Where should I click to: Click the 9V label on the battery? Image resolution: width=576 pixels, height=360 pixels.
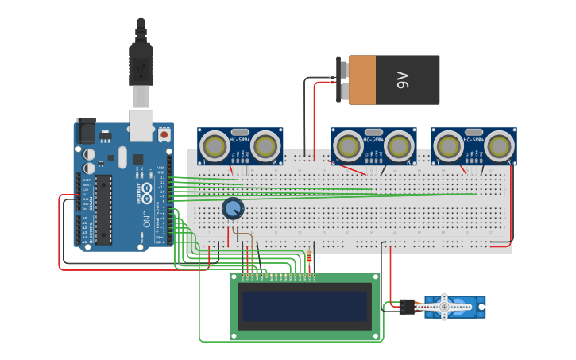click(x=403, y=79)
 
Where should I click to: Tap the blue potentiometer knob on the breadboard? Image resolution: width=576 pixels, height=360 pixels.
click(x=232, y=208)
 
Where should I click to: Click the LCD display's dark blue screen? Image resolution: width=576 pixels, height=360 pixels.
click(x=306, y=306)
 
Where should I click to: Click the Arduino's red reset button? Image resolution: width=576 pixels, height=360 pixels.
click(x=164, y=135)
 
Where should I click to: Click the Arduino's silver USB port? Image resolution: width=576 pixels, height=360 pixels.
click(x=141, y=123)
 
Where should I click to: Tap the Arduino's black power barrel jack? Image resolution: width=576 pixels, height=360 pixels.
click(x=85, y=131)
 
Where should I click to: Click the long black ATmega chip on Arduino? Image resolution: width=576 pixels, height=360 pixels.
click(x=104, y=209)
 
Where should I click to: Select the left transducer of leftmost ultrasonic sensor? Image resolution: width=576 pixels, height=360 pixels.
click(x=213, y=145)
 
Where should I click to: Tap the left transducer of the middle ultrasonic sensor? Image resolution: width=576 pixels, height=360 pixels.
click(x=346, y=145)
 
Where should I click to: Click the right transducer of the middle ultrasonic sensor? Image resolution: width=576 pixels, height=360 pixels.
click(x=400, y=145)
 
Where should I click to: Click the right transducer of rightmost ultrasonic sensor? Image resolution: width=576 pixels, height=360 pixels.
click(x=500, y=145)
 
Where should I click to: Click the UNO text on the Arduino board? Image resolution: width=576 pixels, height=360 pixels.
click(x=147, y=217)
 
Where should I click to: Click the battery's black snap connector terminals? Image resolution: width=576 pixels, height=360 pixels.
click(x=343, y=79)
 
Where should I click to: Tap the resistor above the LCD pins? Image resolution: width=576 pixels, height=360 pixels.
click(x=308, y=258)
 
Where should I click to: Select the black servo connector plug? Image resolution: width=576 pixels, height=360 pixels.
click(x=407, y=306)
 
